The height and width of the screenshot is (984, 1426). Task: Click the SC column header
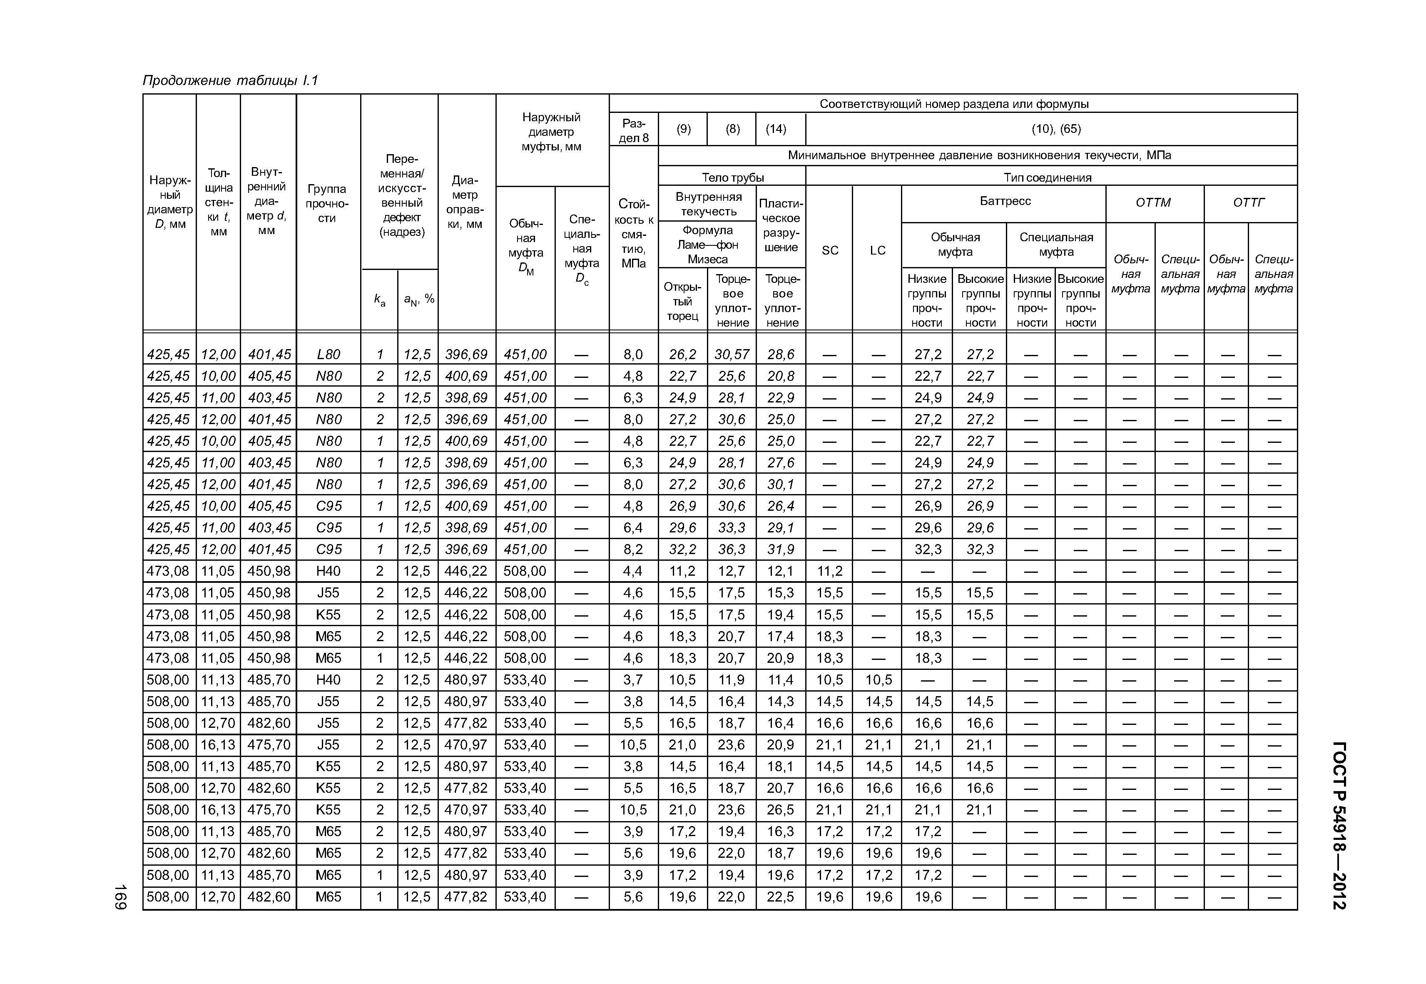tap(829, 250)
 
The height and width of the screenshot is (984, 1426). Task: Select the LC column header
tap(878, 250)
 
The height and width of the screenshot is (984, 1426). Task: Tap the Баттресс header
tap(1005, 201)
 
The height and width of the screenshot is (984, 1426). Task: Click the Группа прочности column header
tap(327, 203)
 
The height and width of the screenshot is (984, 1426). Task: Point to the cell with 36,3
tap(732, 549)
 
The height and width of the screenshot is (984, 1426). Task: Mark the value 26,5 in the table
tap(780, 809)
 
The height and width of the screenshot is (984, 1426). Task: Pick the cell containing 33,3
tap(732, 528)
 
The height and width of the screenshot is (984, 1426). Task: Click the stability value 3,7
tap(633, 679)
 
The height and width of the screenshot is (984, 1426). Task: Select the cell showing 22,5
tap(780, 897)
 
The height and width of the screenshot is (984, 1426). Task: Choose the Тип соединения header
tap(1047, 177)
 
